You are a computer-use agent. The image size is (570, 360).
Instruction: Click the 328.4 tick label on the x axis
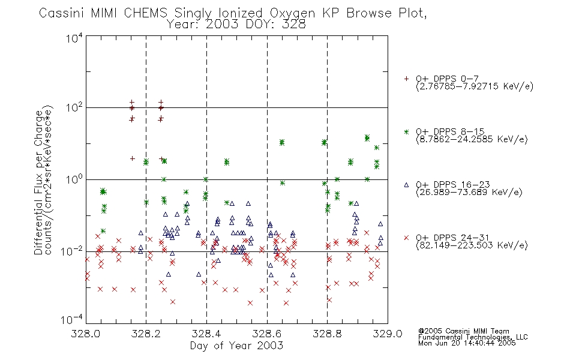pyautogui.click(x=206, y=334)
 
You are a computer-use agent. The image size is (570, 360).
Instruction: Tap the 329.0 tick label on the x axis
pyautogui.click(x=388, y=334)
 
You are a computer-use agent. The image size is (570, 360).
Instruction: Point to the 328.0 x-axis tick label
pyautogui.click(x=85, y=334)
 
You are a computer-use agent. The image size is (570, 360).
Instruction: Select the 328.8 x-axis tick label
pyautogui.click(x=327, y=334)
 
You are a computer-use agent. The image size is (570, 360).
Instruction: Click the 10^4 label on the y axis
pyautogui.click(x=74, y=37)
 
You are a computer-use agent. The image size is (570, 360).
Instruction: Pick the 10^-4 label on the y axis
pyautogui.click(x=72, y=319)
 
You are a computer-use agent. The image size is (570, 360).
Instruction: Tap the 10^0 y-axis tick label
pyautogui.click(x=74, y=179)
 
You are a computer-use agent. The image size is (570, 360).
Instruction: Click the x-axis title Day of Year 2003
pyautogui.click(x=236, y=346)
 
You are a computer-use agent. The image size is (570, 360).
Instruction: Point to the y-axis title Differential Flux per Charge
pyautogui.click(x=38, y=182)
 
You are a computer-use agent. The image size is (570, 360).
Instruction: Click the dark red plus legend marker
pyautogui.click(x=406, y=79)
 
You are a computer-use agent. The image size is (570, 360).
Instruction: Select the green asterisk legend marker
pyautogui.click(x=406, y=131)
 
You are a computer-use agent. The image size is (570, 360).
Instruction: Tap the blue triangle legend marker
pyautogui.click(x=406, y=185)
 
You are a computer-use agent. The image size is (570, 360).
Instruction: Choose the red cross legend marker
pyautogui.click(x=406, y=238)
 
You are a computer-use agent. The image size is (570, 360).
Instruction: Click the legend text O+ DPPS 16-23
pyautogui.click(x=453, y=184)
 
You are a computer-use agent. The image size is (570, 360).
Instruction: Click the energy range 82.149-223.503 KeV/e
pyautogui.click(x=472, y=245)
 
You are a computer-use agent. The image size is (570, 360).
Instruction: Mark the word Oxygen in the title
pyautogui.click(x=292, y=13)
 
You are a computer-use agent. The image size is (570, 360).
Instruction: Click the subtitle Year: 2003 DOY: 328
pyautogui.click(x=236, y=25)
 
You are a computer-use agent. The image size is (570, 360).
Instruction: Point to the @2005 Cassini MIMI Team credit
pyautogui.click(x=463, y=331)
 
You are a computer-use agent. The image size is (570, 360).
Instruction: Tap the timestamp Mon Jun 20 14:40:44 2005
pyautogui.click(x=467, y=343)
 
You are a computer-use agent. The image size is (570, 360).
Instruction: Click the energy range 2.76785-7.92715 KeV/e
pyautogui.click(x=475, y=86)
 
